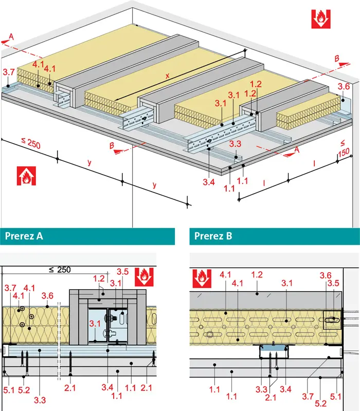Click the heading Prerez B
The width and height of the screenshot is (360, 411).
213,236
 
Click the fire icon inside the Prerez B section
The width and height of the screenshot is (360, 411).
201,278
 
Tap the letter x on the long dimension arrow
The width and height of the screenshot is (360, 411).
167,75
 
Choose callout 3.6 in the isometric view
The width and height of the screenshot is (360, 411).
344,86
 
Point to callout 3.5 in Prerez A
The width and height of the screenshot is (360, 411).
123,271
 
